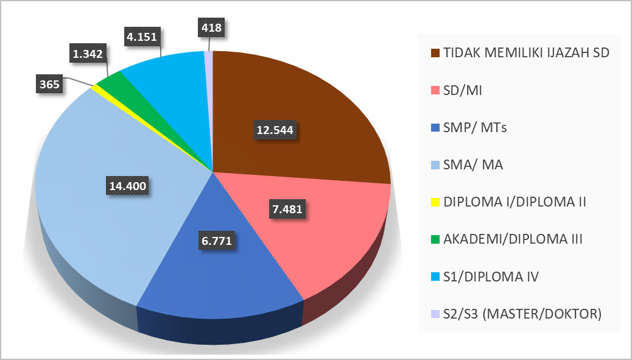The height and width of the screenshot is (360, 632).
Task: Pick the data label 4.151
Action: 142,37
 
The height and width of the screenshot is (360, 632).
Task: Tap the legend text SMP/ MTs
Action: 475,127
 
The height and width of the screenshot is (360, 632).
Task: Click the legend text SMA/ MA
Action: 473,164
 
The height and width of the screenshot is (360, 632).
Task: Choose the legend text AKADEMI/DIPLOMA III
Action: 513,239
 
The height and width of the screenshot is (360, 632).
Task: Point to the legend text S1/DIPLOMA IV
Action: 491,277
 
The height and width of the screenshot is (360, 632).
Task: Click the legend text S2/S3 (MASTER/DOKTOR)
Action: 522,314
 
